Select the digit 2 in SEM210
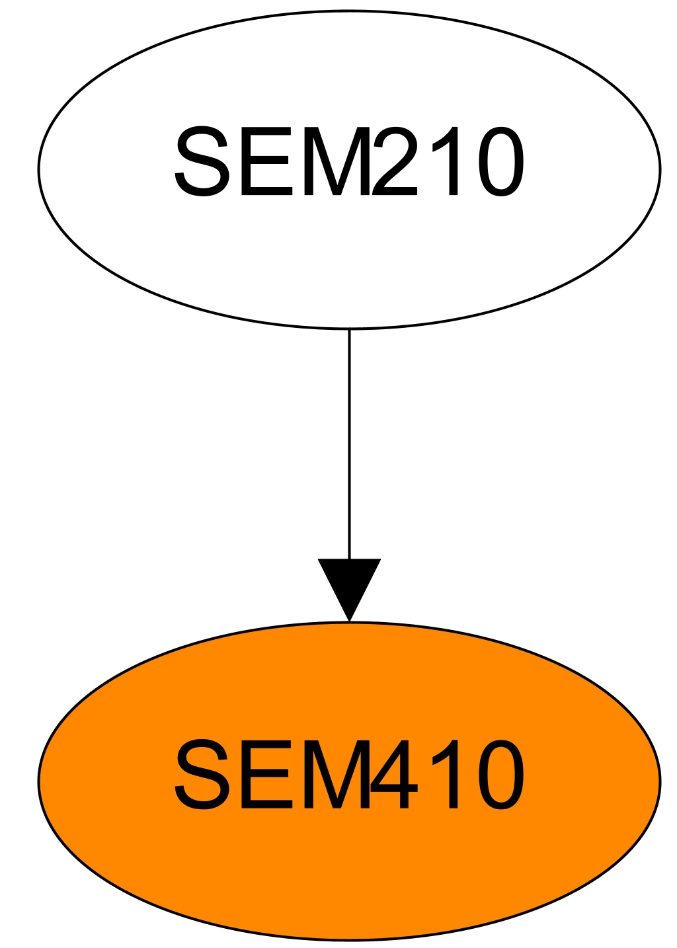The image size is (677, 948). coord(395,163)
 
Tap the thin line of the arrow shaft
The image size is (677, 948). coord(349,443)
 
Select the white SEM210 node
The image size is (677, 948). coord(349,264)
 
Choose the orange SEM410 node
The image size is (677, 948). coord(349,873)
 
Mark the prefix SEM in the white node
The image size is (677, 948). coord(271,163)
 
